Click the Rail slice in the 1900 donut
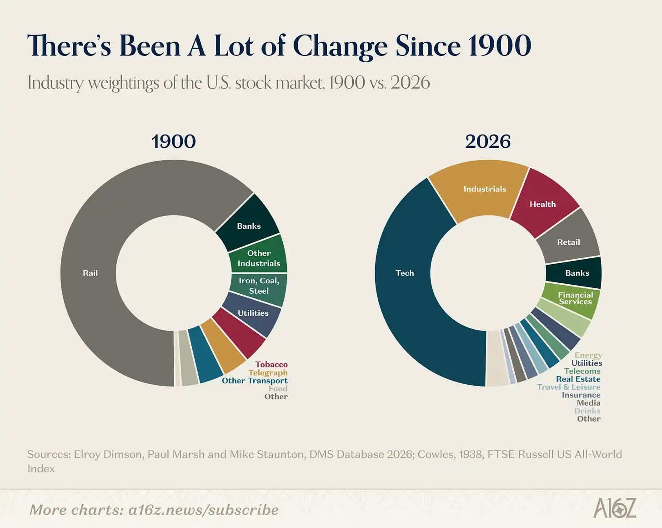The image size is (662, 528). click(90, 273)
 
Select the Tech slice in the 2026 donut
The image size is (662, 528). click(405, 273)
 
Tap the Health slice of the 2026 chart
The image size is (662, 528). click(542, 204)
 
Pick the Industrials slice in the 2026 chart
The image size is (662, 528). click(485, 189)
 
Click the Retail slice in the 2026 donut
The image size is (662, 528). click(568, 242)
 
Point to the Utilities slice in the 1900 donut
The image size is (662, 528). click(253, 313)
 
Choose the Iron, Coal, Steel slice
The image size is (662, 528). click(259, 286)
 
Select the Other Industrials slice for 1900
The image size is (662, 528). click(259, 258)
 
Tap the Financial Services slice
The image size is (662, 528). click(575, 298)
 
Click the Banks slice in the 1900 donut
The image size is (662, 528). click(249, 226)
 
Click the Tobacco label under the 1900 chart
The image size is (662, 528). click(271, 364)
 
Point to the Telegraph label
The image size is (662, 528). click(268, 372)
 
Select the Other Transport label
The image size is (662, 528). click(255, 381)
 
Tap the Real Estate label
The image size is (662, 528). click(578, 379)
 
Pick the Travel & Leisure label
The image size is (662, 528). click(568, 387)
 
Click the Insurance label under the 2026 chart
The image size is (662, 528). click(581, 395)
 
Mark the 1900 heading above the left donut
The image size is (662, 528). click(173, 141)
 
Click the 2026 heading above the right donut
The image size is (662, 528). click(487, 141)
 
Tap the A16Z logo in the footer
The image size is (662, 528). click(615, 508)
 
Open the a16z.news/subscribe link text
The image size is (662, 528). click(203, 510)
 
